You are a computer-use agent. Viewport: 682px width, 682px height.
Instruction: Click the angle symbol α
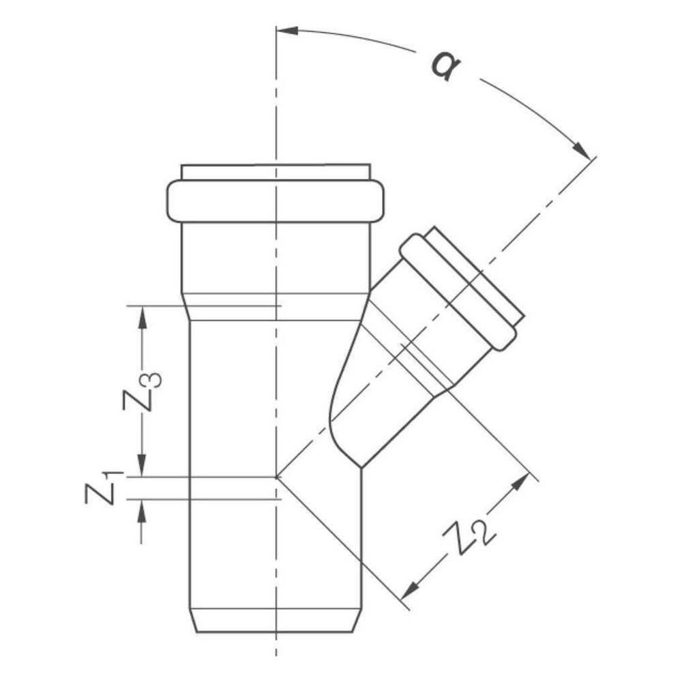coord(445,66)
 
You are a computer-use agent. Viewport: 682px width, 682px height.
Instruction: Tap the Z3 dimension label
coord(142,391)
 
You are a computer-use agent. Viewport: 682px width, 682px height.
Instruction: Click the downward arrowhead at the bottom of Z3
coord(142,466)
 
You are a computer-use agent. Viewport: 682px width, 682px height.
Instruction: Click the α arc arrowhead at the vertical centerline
coord(288,31)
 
